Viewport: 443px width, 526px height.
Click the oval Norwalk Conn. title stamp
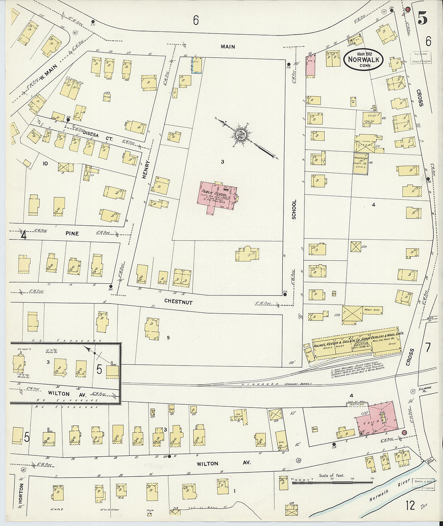363,60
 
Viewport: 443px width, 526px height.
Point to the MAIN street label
228,47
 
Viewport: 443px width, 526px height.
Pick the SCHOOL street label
294,210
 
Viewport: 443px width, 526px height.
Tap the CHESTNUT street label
178,302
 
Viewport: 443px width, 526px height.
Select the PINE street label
72,233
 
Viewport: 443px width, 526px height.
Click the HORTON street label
21,493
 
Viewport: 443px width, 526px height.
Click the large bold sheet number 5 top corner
422,18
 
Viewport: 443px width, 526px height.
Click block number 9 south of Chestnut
168,338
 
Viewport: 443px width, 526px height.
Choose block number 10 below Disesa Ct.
45,164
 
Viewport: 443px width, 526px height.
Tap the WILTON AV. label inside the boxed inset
59,393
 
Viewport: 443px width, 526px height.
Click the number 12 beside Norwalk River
410,505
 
